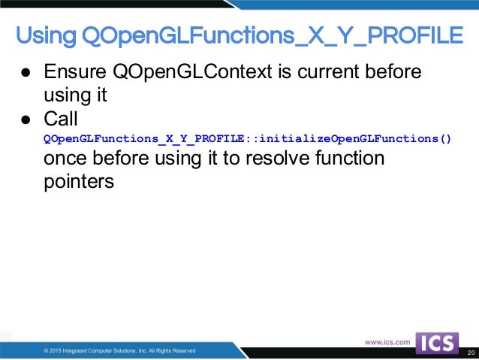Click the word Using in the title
click(x=46, y=35)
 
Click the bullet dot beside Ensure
click(x=25, y=74)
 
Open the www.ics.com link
click(x=387, y=342)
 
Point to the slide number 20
click(x=471, y=352)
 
